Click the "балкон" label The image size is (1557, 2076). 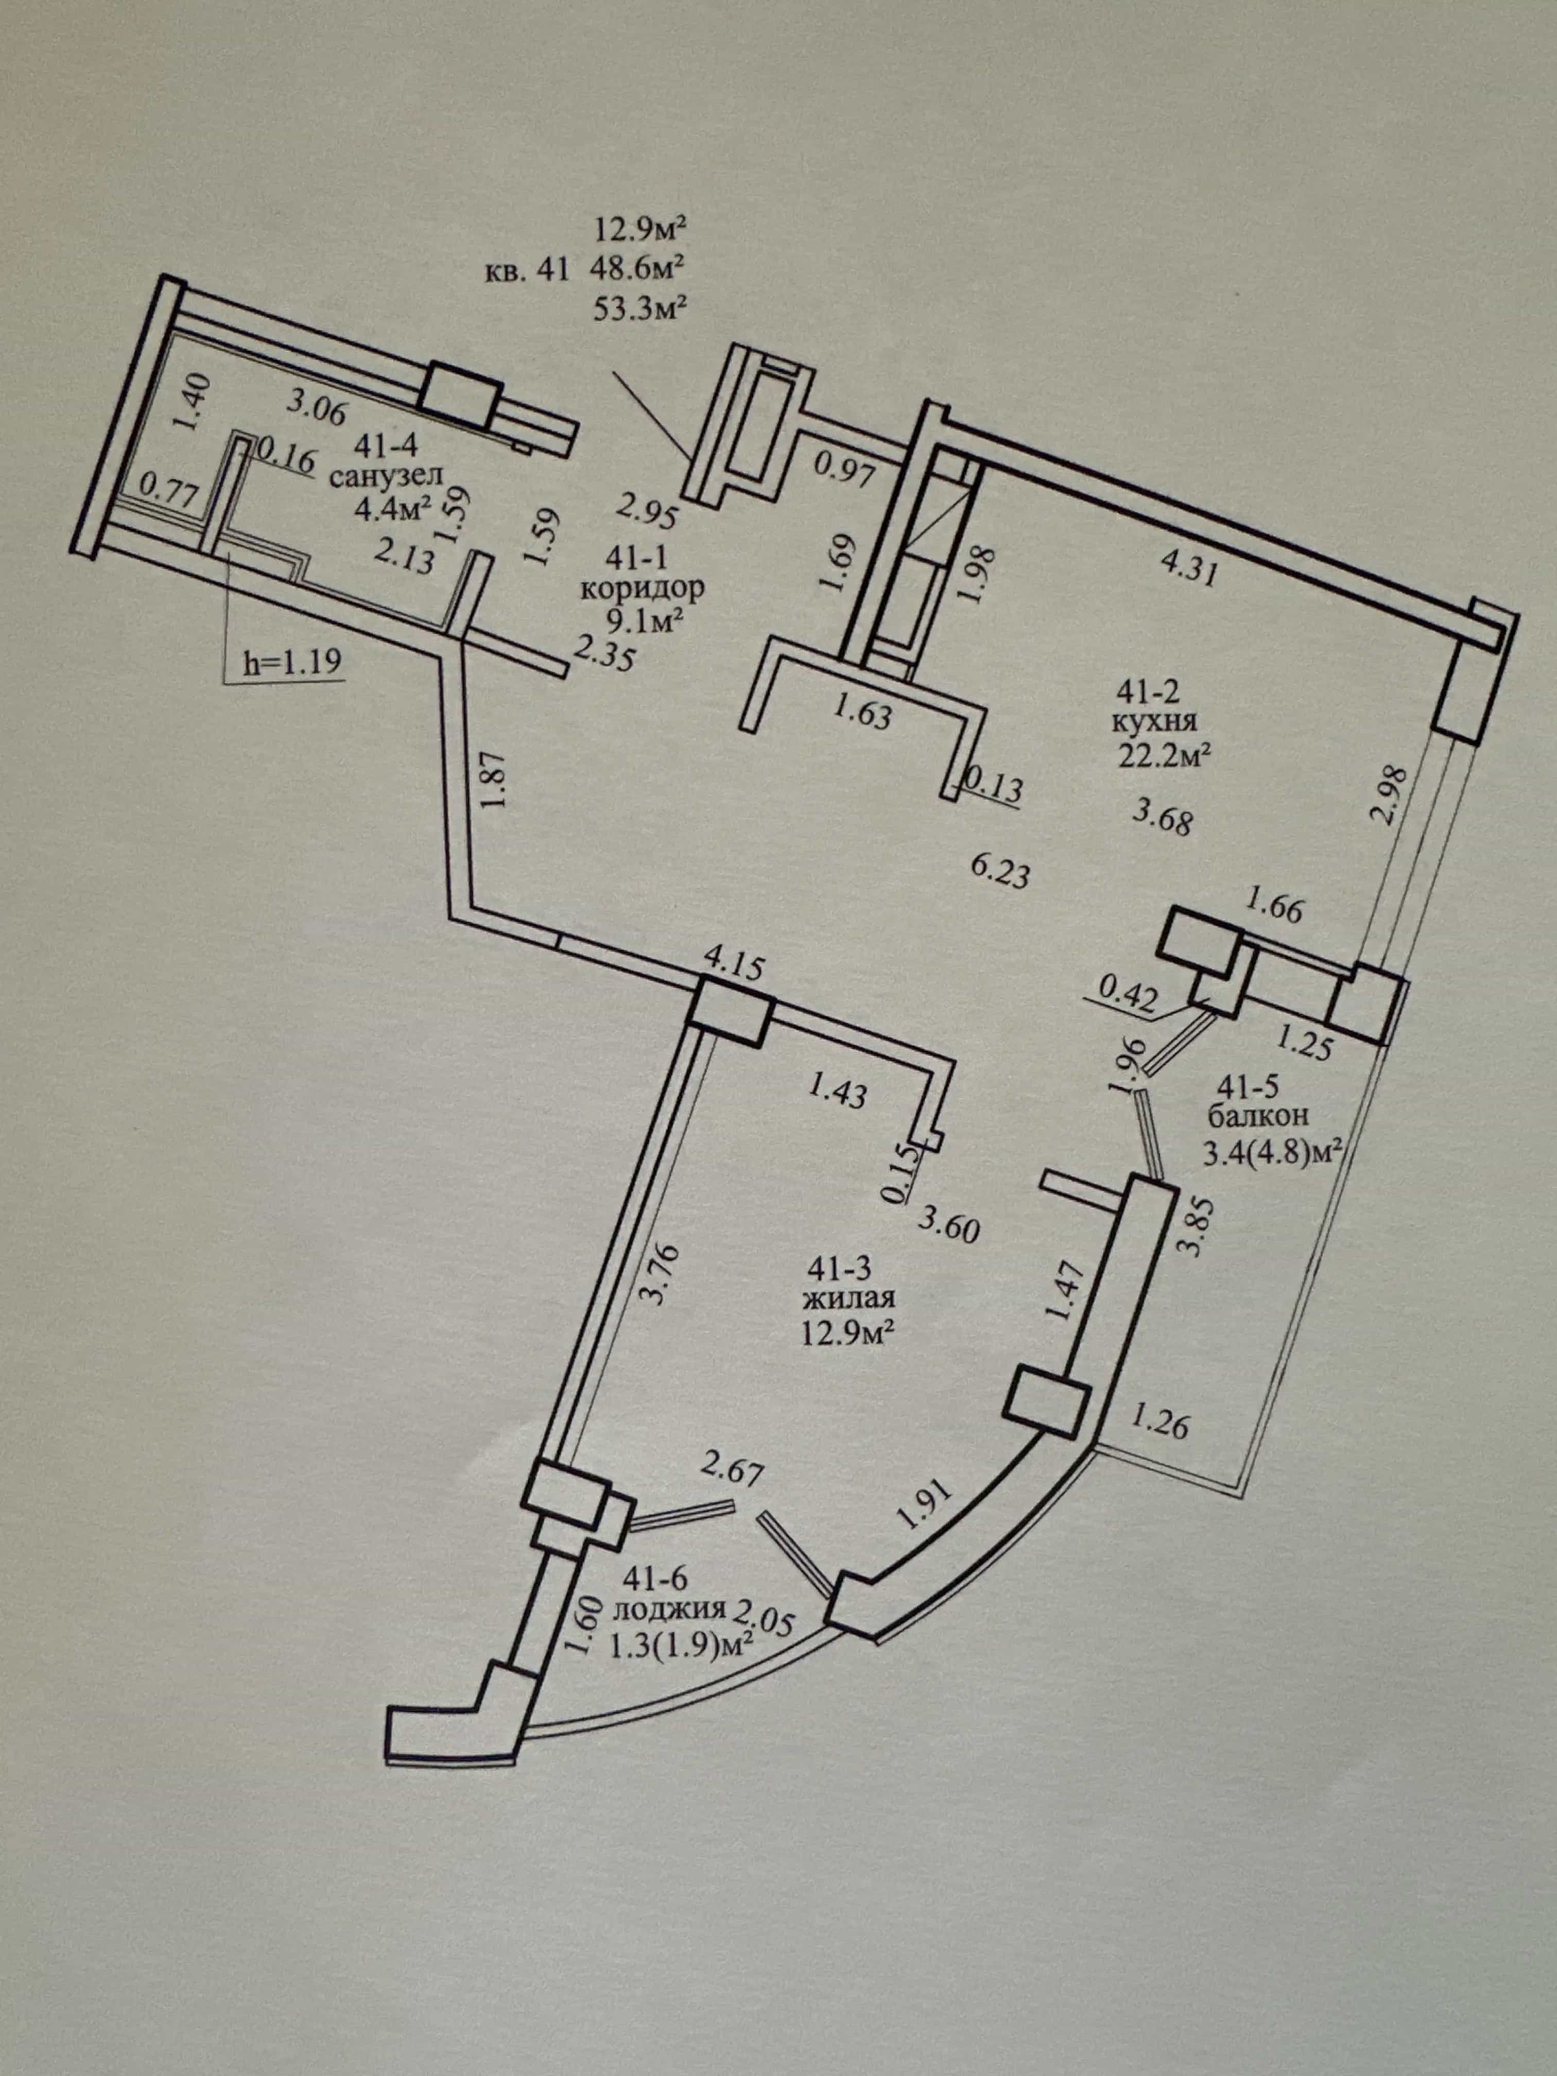click(1258, 1116)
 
